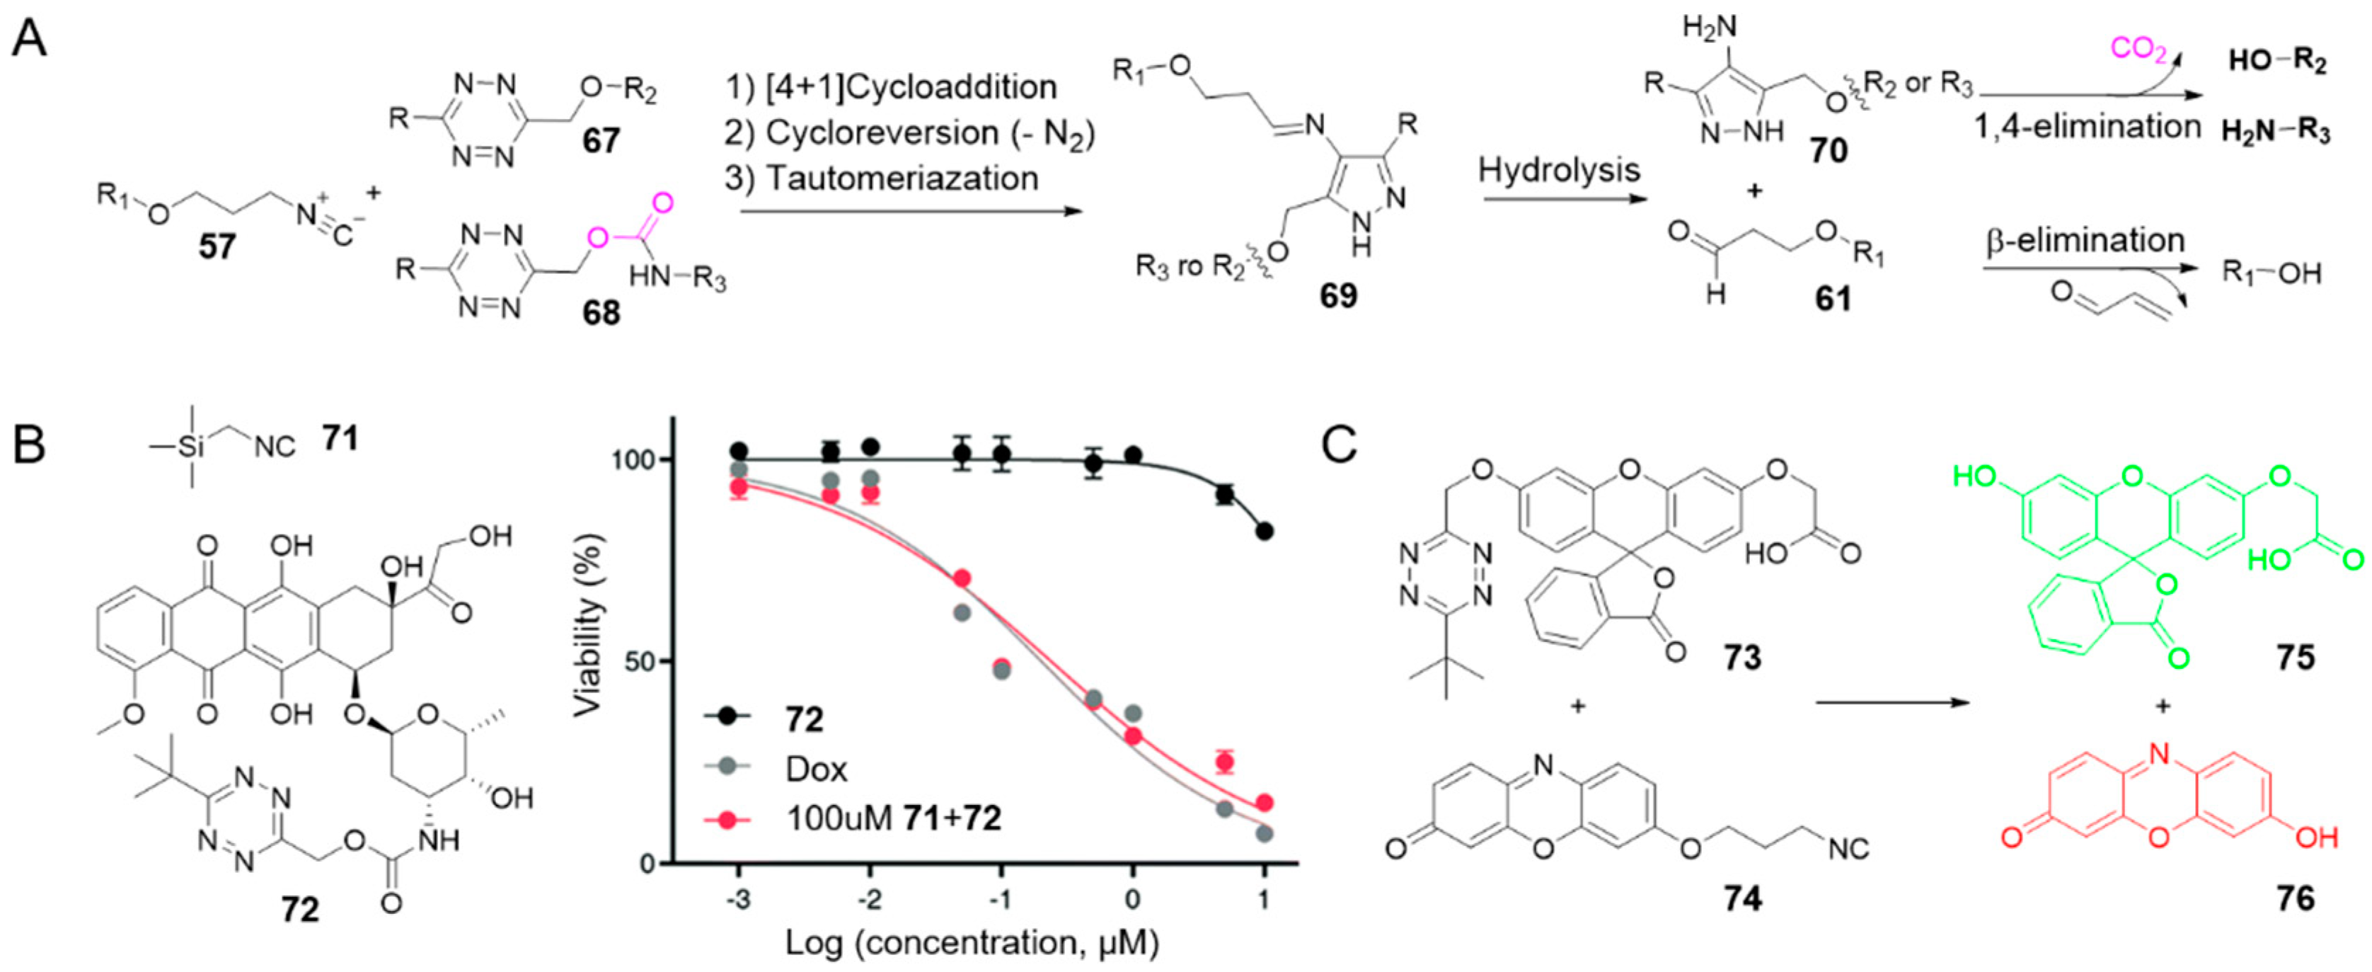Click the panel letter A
pyautogui.click(x=30, y=42)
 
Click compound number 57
pyautogui.click(x=217, y=247)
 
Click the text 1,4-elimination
pyautogui.click(x=2085, y=126)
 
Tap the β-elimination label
pyautogui.click(x=2085, y=241)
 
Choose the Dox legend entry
pyautogui.click(x=816, y=768)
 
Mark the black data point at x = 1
pyautogui.click(x=1265, y=532)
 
